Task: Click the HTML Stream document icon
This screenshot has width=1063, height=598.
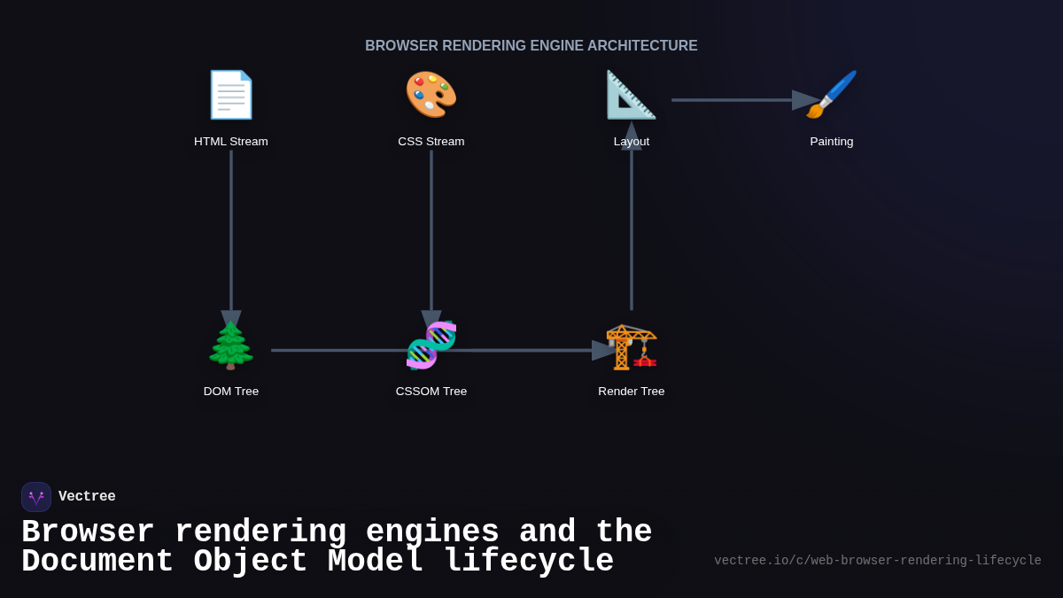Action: (231, 95)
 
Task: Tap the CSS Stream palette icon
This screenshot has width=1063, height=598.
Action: (431, 95)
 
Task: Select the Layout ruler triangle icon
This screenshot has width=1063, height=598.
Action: (631, 95)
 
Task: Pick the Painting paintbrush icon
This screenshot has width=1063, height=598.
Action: (832, 95)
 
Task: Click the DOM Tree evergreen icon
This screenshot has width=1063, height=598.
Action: (231, 346)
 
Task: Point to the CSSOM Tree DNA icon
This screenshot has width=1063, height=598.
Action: (431, 346)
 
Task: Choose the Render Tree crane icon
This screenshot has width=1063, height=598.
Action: (632, 346)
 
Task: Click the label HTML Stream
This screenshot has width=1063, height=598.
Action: (231, 142)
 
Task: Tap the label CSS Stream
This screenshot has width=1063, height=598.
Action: (431, 142)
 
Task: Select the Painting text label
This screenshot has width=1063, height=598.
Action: (832, 142)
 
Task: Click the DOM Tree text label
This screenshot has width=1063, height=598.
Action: (231, 392)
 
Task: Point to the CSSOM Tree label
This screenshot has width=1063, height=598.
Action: (431, 392)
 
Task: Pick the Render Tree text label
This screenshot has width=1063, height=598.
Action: (632, 392)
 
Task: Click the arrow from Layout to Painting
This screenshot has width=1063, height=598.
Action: (735, 100)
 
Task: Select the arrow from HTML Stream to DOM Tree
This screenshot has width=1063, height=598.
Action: (231, 230)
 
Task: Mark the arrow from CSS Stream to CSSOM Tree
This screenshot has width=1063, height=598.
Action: (431, 230)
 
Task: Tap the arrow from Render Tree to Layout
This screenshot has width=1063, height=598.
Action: (632, 230)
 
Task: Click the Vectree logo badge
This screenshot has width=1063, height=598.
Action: (36, 497)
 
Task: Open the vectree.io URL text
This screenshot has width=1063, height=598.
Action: (877, 561)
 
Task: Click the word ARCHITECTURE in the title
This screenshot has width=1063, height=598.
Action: (642, 46)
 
